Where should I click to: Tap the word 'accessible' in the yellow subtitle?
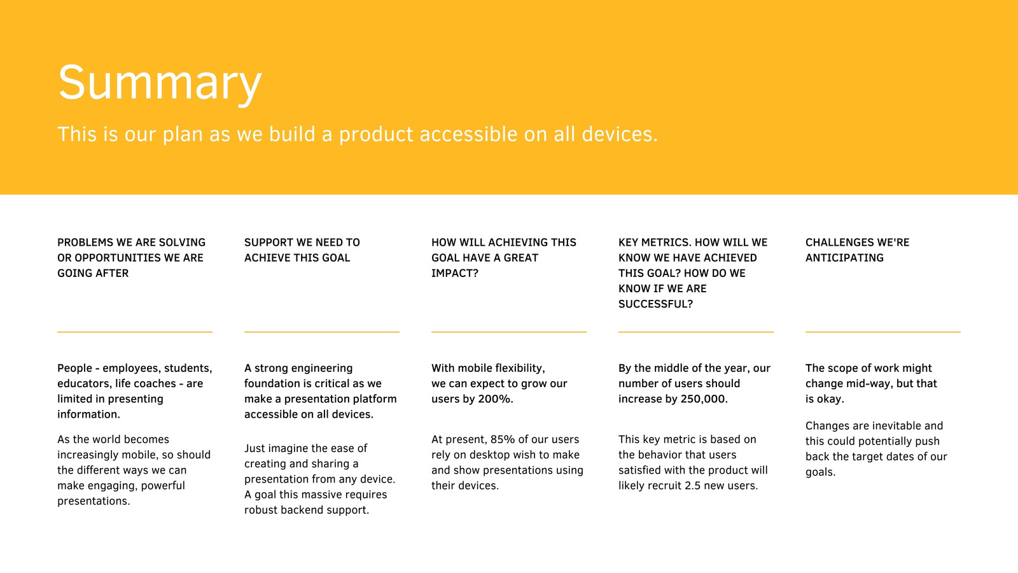pyautogui.click(x=468, y=134)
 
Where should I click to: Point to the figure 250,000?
pyautogui.click(x=704, y=399)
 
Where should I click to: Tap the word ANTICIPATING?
pyautogui.click(x=844, y=258)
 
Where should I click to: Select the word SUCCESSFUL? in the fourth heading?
pyautogui.click(x=655, y=304)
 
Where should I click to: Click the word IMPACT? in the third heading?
pyautogui.click(x=454, y=273)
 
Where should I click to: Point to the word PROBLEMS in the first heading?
pyautogui.click(x=85, y=243)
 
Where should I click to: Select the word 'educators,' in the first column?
pyautogui.click(x=85, y=383)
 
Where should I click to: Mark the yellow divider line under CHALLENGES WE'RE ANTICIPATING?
pyautogui.click(x=883, y=332)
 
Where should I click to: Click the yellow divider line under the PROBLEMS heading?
pyautogui.click(x=135, y=332)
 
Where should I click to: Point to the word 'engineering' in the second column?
pyautogui.click(x=323, y=369)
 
